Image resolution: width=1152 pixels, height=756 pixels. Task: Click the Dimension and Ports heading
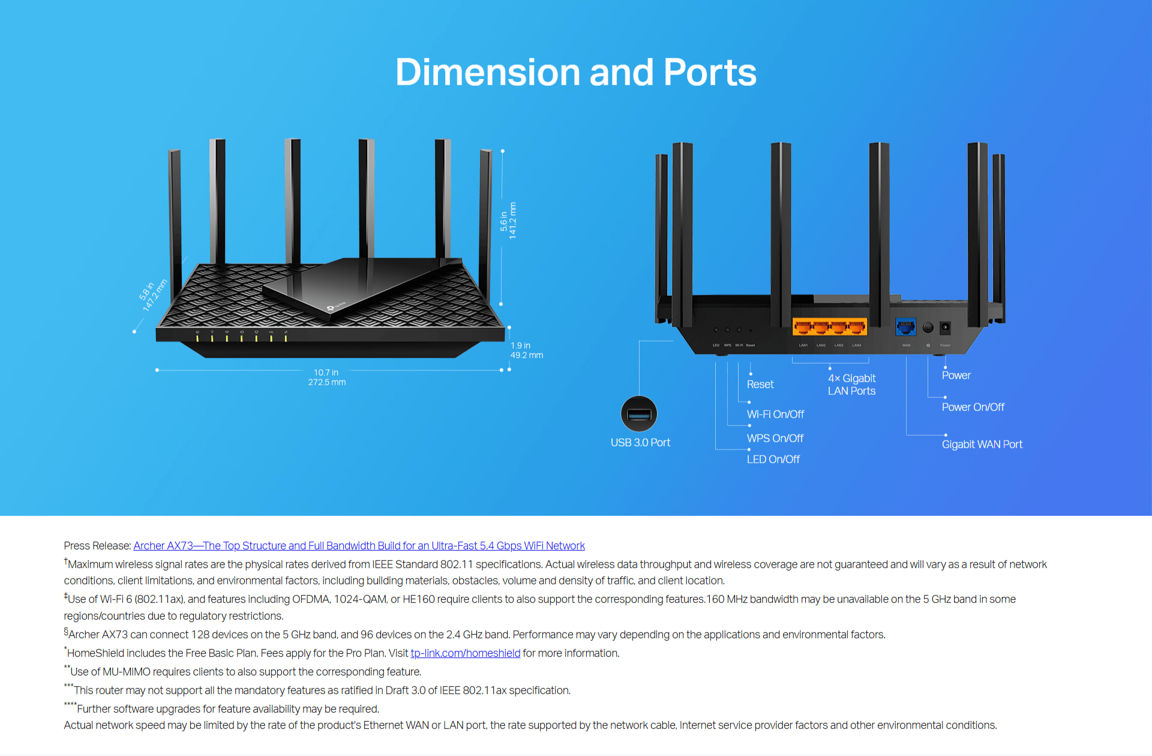click(576, 73)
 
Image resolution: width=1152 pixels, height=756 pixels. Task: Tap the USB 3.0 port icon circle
click(639, 414)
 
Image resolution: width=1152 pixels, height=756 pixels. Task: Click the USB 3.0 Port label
click(640, 443)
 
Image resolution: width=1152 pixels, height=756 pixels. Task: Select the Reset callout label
click(760, 385)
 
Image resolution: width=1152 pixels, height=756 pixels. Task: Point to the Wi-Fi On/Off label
click(775, 415)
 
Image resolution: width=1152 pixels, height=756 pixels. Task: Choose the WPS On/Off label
click(775, 439)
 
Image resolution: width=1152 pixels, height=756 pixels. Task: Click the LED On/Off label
click(773, 460)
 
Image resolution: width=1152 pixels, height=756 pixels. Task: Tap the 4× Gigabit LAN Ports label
click(851, 385)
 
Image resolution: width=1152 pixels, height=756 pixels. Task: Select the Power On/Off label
click(973, 407)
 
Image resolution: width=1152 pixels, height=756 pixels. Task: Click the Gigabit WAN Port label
click(982, 445)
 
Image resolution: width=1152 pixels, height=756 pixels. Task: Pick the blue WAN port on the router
click(905, 327)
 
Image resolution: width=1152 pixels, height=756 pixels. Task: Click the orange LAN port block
click(830, 327)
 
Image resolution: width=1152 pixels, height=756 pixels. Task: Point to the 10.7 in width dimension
click(326, 377)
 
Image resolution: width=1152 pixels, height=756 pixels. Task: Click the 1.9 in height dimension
click(526, 350)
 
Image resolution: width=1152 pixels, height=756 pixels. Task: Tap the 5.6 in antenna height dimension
click(508, 221)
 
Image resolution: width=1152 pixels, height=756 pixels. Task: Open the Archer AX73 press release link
click(359, 546)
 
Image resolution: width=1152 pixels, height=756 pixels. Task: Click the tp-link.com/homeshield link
click(465, 653)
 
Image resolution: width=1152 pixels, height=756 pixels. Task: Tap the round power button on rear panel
click(928, 328)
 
